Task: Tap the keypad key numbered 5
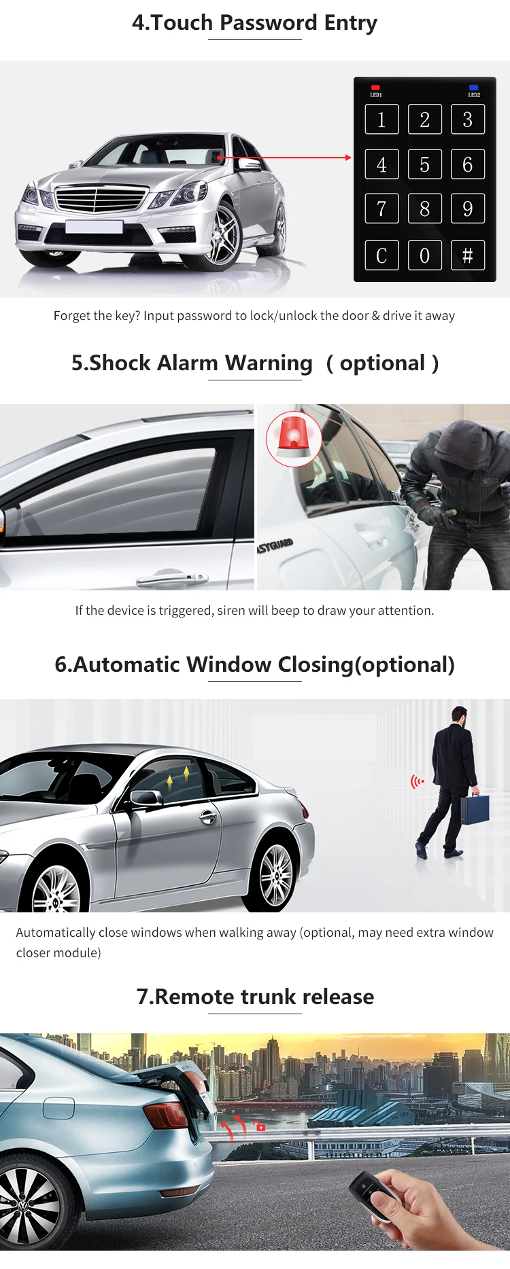pos(424,164)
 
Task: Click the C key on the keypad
pos(381,255)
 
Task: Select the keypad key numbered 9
pos(467,209)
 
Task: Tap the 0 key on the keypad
pos(424,255)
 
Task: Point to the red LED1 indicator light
pos(375,88)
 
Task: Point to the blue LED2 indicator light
pos(473,88)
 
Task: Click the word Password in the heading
pos(269,22)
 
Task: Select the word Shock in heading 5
pos(120,363)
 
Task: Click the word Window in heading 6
pos(228,664)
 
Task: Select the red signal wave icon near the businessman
pos(416,782)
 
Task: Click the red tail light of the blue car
pos(166,1115)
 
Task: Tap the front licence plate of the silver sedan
pos(94,226)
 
